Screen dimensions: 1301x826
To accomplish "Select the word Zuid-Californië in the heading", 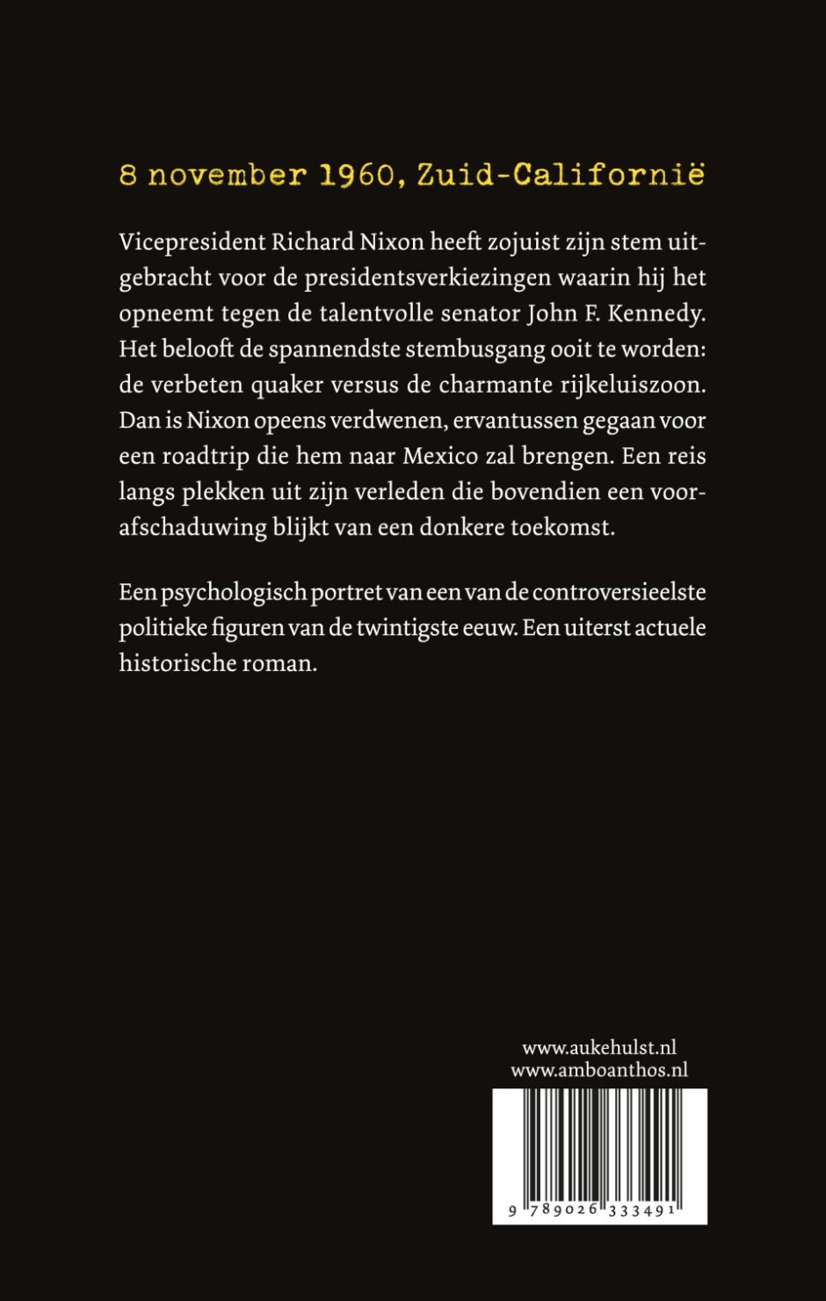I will (561, 175).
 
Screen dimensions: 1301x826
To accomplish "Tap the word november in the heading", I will (228, 176).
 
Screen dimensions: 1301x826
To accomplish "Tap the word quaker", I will (261, 385).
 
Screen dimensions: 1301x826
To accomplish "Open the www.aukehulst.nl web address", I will (599, 1048).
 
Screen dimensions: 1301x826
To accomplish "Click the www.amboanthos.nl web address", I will (599, 1070).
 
